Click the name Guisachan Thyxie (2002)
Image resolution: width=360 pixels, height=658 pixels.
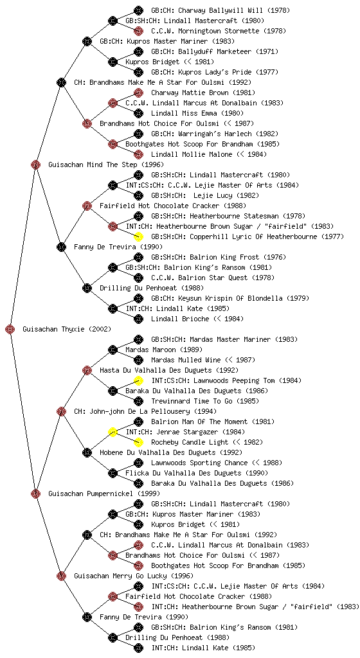point(67,330)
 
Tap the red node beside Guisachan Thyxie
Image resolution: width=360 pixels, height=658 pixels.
point(10,329)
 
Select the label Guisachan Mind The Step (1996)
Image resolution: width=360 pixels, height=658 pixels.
point(106,165)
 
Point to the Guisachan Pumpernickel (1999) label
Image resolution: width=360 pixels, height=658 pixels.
point(104,494)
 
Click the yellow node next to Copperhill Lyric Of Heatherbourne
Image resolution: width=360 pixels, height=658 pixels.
point(138,236)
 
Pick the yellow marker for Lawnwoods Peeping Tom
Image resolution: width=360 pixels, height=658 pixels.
point(138,380)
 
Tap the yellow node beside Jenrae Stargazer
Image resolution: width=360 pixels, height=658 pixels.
point(113,432)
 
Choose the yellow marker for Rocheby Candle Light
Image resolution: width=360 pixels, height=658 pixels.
point(138,442)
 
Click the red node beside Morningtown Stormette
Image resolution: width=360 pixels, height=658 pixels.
point(138,31)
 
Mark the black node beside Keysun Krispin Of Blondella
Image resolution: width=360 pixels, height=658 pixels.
point(138,298)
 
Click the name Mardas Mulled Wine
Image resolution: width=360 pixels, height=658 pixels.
point(186,360)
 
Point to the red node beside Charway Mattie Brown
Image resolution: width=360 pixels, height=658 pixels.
point(138,93)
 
